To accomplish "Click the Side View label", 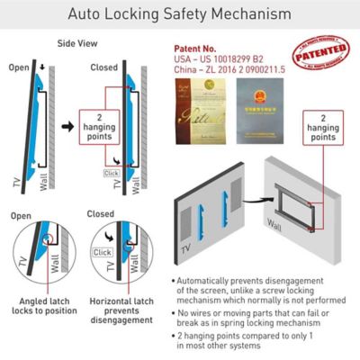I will pyautogui.click(x=79, y=43).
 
